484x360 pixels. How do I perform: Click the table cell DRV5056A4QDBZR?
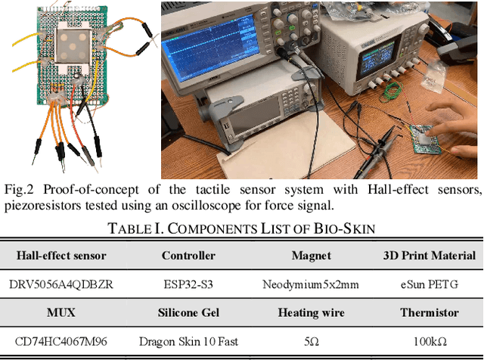[x=61, y=284]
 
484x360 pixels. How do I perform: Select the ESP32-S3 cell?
[x=188, y=284]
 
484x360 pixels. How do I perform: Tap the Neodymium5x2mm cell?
[x=311, y=284]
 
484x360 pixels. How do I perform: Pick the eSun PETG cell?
[x=429, y=284]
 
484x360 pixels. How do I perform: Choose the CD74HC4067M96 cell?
[x=61, y=341]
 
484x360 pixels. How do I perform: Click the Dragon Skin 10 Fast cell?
[x=188, y=341]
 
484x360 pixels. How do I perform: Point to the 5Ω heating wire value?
[x=311, y=341]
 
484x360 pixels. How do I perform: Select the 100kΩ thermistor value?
[x=429, y=341]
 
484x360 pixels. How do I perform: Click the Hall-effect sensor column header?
[x=61, y=256]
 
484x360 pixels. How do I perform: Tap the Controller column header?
[x=188, y=256]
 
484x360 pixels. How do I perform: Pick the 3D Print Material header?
[x=429, y=256]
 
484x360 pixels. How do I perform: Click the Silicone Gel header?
[x=188, y=312]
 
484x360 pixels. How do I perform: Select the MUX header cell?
[x=61, y=312]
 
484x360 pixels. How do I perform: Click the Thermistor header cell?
[x=429, y=312]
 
